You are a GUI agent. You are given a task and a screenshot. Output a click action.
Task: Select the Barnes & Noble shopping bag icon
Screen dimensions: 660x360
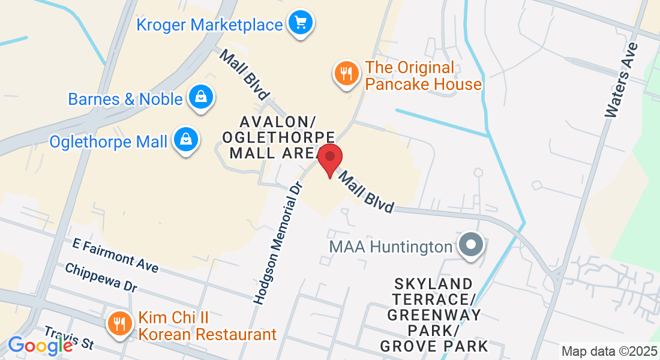201,98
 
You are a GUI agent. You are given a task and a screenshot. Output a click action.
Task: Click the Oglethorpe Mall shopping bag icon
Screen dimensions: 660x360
187,141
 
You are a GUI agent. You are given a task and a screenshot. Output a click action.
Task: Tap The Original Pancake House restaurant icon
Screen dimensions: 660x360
345,74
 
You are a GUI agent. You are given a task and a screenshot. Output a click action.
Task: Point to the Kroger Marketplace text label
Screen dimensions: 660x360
209,25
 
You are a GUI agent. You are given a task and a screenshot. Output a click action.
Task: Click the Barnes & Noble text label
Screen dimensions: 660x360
125,99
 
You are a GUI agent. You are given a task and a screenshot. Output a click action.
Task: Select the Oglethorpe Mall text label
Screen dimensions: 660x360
109,142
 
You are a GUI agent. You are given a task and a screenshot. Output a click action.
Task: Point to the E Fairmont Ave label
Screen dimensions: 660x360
116,254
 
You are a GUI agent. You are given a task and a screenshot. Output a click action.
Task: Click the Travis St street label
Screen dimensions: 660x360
70,337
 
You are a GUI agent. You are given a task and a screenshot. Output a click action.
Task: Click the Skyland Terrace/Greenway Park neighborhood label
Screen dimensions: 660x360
434,314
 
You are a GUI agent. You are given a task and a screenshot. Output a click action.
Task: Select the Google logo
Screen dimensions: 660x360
40,345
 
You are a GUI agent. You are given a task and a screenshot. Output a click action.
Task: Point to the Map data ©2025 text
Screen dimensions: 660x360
608,351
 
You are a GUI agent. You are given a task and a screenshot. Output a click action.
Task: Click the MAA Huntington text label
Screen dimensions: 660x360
390,247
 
